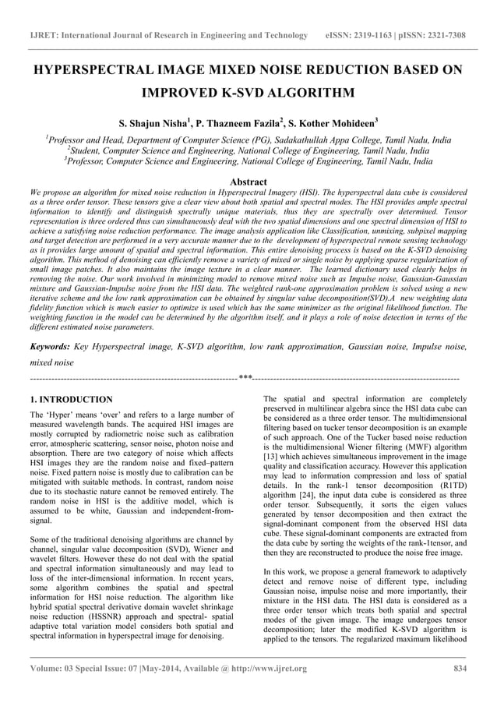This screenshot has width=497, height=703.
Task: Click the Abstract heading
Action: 248,181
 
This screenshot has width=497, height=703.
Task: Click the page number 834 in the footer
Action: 459,669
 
